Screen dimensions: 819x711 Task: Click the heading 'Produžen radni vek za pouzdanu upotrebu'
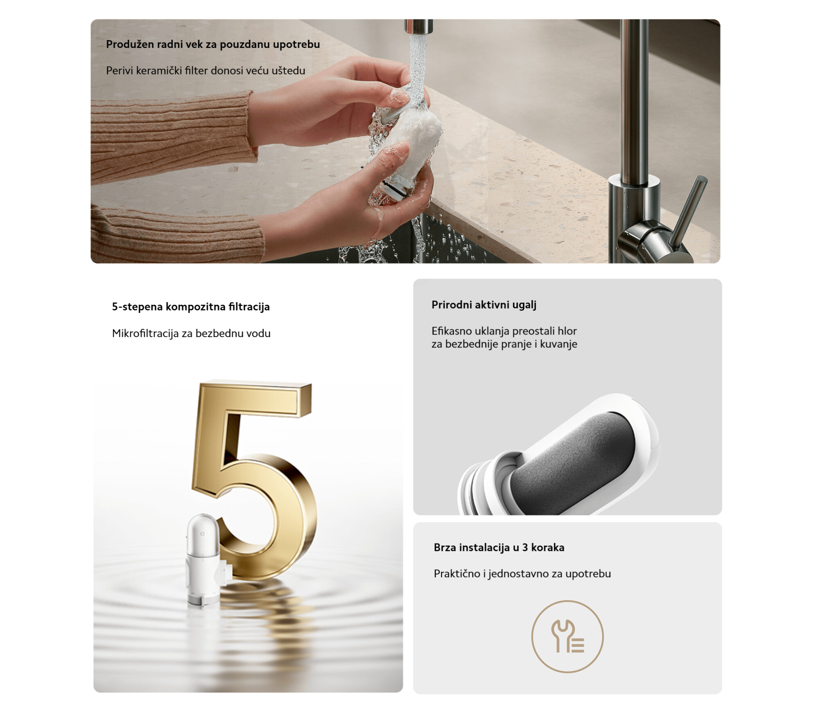tap(213, 45)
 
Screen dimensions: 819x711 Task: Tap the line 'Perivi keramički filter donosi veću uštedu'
tap(206, 71)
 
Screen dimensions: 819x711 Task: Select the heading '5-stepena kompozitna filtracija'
tap(191, 307)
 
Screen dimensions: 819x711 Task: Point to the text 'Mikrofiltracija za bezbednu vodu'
tap(191, 333)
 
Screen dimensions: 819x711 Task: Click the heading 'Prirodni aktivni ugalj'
tap(484, 305)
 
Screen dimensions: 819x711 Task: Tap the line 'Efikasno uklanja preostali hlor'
tap(504, 331)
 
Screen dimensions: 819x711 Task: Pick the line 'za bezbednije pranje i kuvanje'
tap(505, 344)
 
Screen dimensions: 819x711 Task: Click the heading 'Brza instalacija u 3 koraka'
tap(499, 548)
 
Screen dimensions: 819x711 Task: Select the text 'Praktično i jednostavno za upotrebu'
tap(523, 574)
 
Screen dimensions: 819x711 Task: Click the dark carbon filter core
tap(573, 463)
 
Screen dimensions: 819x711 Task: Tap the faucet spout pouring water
tap(418, 27)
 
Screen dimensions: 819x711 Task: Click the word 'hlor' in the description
tap(567, 331)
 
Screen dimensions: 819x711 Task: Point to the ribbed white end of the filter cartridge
tap(477, 489)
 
